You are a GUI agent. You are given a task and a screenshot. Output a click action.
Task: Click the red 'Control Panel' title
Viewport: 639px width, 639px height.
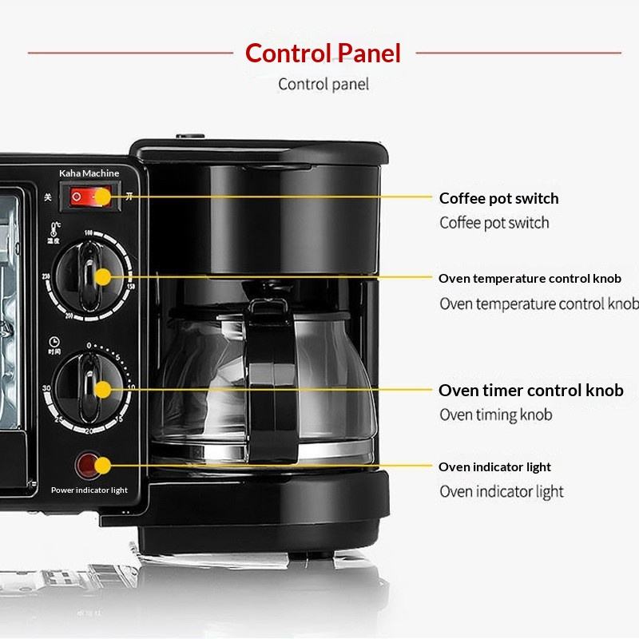[323, 53]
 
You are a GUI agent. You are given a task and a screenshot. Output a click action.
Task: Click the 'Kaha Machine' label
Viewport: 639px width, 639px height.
[89, 173]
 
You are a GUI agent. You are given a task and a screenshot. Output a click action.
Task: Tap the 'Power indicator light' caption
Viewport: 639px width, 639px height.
[89, 490]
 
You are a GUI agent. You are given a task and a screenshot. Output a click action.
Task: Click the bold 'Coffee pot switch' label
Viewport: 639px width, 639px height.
[498, 198]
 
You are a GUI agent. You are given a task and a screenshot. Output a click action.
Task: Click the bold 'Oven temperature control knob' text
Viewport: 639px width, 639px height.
[529, 279]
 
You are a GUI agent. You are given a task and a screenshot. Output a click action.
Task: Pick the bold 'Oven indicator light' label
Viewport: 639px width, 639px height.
[494, 466]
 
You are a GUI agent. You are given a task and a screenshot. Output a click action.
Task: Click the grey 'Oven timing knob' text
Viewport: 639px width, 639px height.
[495, 415]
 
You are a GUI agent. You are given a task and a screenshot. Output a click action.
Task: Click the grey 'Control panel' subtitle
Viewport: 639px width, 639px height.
[323, 84]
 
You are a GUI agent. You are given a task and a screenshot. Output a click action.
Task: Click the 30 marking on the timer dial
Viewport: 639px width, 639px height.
[49, 388]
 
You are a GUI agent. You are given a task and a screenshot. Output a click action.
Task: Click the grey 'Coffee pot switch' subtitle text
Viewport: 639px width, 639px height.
[494, 223]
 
